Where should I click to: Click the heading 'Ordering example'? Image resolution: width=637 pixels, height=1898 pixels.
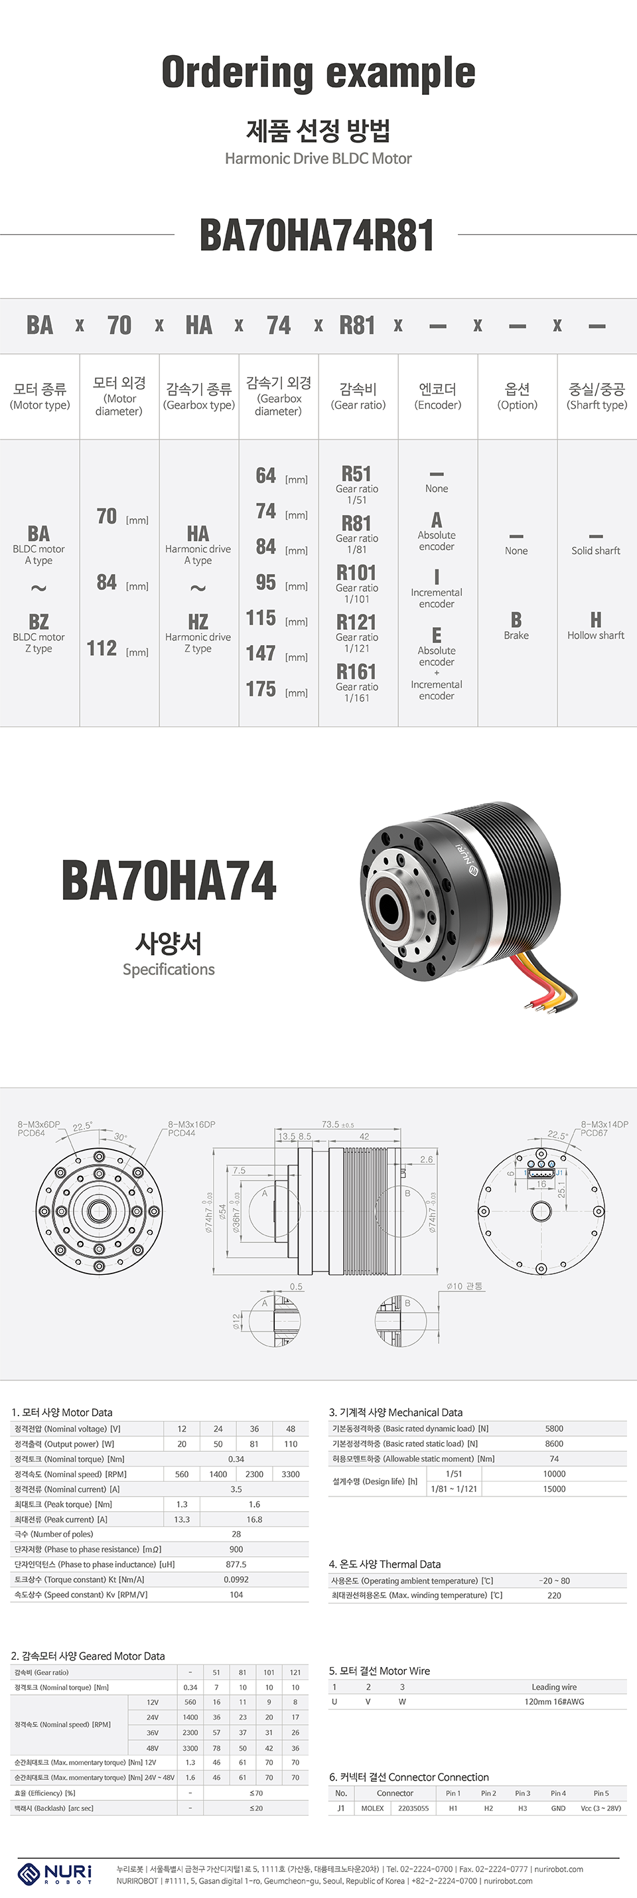(318, 72)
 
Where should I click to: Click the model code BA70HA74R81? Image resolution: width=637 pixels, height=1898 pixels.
(317, 236)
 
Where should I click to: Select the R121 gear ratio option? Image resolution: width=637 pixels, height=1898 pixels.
(356, 623)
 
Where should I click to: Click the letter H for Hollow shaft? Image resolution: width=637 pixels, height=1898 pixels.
(596, 620)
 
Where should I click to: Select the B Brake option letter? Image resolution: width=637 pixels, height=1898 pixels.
(516, 620)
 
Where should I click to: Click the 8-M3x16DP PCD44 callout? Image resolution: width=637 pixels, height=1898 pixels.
(190, 1129)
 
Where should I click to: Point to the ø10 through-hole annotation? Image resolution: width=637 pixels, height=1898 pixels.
(464, 1285)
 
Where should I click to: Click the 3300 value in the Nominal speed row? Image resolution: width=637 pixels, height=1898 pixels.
(290, 1475)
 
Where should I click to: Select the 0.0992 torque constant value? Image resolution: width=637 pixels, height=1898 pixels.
(236, 1579)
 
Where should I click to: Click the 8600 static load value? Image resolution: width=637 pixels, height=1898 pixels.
(554, 1444)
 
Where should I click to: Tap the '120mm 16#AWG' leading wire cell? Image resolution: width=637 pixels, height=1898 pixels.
(554, 1702)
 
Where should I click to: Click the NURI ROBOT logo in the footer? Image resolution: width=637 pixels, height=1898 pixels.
(55, 1873)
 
